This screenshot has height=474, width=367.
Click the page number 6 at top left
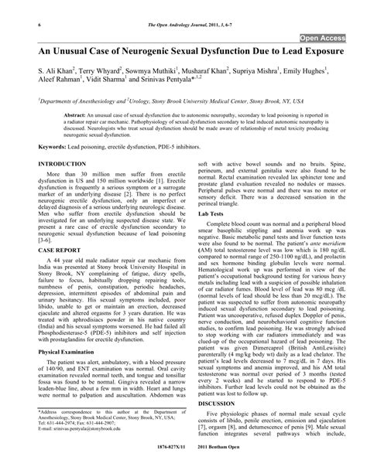pos(17,6)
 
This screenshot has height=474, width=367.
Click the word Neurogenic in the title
pos(149,53)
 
